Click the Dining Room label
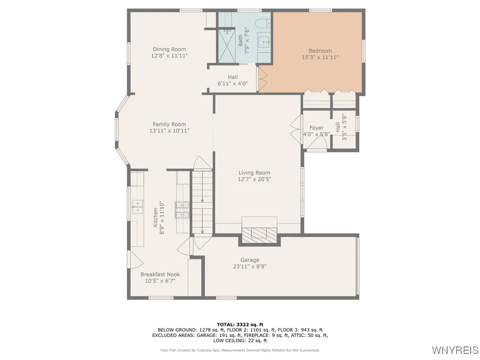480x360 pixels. [169, 49]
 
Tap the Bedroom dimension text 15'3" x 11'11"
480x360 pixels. [320, 57]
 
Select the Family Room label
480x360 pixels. [169, 124]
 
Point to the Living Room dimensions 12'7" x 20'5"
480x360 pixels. [255, 179]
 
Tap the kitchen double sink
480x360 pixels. [137, 207]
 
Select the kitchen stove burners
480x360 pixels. [182, 210]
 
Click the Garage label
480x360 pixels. [250, 260]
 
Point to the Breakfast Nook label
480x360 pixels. [160, 274]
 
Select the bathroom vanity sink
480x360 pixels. [263, 41]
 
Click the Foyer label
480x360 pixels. [316, 128]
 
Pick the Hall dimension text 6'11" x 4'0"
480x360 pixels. [232, 83]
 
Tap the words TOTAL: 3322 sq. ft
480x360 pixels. [240, 324]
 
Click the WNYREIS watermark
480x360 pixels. [455, 350]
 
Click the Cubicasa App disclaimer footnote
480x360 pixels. [240, 350]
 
